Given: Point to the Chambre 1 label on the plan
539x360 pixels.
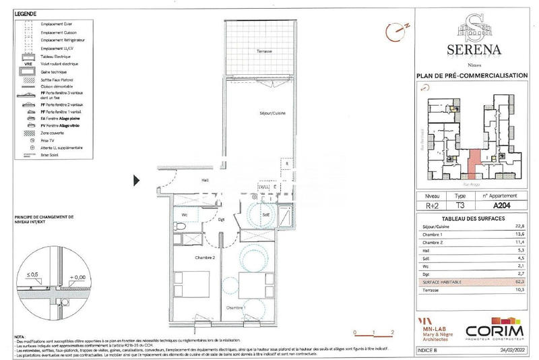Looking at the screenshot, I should pyautogui.click(x=236, y=307).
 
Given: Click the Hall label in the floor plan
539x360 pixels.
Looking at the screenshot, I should pyautogui.click(x=205, y=180).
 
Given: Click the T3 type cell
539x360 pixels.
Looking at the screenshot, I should pyautogui.click(x=461, y=207).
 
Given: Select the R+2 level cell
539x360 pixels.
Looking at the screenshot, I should pyautogui.click(x=432, y=207).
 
